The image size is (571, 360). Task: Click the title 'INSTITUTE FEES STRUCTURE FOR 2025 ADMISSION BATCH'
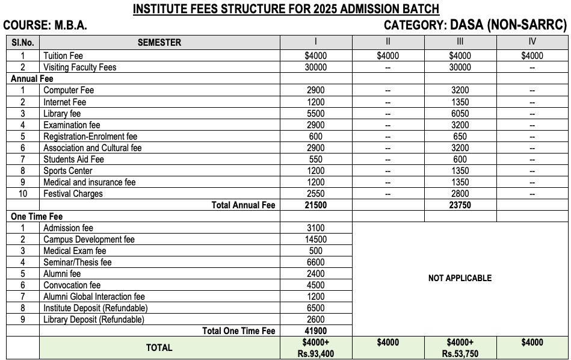tap(286, 9)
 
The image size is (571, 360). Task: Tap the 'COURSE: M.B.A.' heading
tap(45, 26)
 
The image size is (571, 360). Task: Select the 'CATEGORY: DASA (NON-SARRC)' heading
tap(475, 25)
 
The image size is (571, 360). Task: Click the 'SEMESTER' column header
tap(159, 42)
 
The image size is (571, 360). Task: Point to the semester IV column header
tap(532, 42)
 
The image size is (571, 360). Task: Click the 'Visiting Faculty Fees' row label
tap(79, 67)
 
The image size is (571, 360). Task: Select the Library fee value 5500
tap(316, 113)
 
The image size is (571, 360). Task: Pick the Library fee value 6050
tap(460, 113)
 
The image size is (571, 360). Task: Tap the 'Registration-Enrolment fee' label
tap(90, 136)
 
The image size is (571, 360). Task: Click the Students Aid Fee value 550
tap(316, 160)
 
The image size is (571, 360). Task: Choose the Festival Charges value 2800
tap(460, 194)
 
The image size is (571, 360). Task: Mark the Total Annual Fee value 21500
tap(316, 205)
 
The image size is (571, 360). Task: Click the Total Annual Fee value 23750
tap(460, 205)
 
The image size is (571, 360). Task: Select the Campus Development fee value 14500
tap(316, 240)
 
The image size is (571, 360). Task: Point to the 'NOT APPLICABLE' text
tap(460, 278)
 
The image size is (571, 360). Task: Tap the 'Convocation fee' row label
tap(72, 285)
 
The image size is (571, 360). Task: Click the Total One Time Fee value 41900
tap(316, 331)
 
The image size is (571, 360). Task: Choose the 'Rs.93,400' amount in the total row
tap(316, 353)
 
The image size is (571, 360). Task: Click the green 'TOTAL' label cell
tap(159, 347)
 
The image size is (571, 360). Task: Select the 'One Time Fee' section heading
tap(37, 217)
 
